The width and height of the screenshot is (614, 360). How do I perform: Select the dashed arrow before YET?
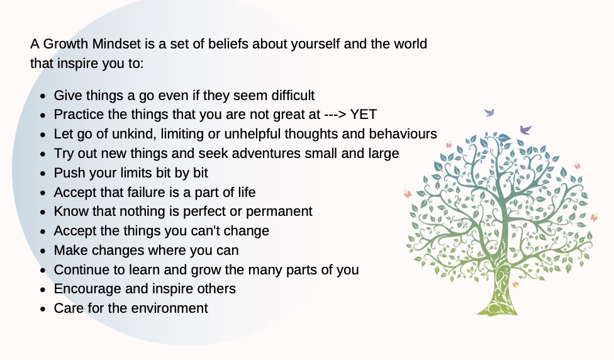330,115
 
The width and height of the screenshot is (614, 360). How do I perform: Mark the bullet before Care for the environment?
42,309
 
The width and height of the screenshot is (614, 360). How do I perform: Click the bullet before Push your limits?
42,174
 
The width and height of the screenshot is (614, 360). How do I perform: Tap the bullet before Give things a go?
42,96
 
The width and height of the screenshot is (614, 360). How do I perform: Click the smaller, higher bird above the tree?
489,113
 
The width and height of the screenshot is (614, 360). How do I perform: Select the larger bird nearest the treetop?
525,130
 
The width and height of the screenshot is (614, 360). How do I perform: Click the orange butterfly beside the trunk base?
516,284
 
